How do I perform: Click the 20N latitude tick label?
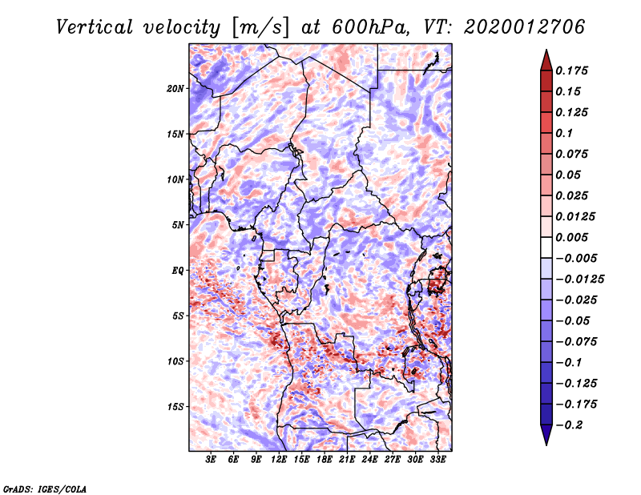(175, 88)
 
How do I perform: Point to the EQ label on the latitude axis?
(178, 270)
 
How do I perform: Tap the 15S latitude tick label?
(175, 406)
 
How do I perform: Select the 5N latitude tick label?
(178, 224)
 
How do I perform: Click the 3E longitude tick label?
(212, 460)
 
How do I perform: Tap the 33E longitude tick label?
(438, 460)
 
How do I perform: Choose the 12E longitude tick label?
(280, 460)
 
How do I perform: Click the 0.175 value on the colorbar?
(573, 70)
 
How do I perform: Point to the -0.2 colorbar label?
(570, 425)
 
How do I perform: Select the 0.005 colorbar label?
(573, 237)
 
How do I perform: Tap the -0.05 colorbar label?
(573, 320)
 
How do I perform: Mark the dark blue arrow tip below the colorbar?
(546, 440)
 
